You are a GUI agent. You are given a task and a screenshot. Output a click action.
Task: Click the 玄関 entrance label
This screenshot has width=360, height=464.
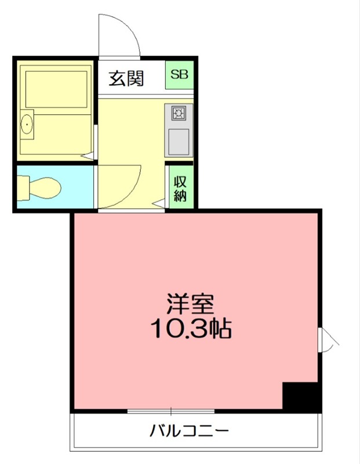126,78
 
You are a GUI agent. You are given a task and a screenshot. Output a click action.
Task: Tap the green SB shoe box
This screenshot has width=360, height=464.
180,75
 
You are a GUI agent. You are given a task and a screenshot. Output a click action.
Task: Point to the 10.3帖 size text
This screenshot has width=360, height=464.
191,329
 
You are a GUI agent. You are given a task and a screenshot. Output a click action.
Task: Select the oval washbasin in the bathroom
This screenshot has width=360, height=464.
26,124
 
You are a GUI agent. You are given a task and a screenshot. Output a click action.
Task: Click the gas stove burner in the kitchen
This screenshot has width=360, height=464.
178,112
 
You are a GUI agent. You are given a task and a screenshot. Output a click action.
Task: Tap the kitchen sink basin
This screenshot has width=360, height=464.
178,140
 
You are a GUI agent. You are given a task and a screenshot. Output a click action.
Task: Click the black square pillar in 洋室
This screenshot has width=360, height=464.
301,397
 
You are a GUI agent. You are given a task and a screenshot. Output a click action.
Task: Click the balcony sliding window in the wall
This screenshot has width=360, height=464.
171,412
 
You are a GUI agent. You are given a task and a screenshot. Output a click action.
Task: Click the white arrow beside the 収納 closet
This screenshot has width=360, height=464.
161,204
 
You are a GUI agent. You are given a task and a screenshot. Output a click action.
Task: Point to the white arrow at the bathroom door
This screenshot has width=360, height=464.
87,155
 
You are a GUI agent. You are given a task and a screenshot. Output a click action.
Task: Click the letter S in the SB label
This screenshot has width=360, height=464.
175,75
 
